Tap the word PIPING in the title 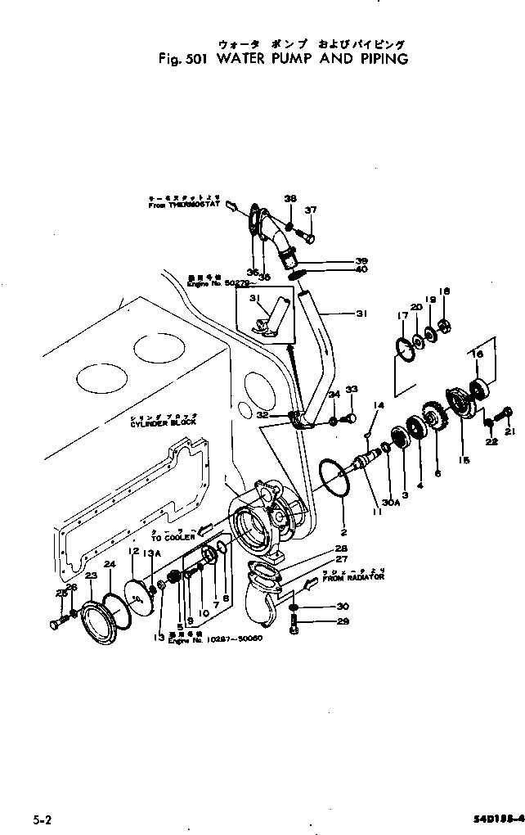(379, 59)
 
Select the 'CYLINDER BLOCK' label (159, 425)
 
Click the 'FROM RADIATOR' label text (352, 578)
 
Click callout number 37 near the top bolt (310, 210)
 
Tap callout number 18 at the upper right (445, 291)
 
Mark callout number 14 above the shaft (379, 405)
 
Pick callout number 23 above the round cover (92, 576)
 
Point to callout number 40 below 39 (361, 270)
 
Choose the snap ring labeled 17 (405, 349)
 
